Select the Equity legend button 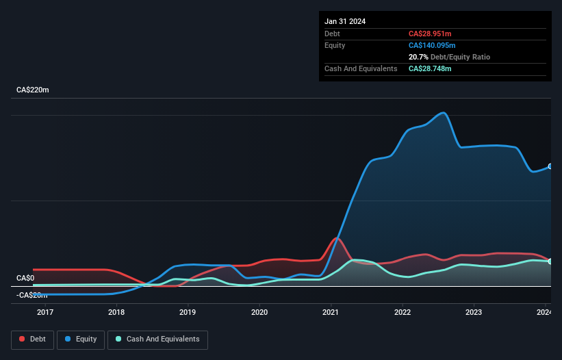[80, 339]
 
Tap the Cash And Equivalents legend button [157, 339]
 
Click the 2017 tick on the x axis [45, 313]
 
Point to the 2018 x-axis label [116, 313]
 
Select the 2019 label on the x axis [188, 313]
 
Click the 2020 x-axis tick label [259, 313]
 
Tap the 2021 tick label [331, 313]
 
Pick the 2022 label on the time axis [403, 313]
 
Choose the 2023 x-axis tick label [474, 313]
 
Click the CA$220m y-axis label [33, 90]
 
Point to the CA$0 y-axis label [25, 278]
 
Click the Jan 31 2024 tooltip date [345, 21]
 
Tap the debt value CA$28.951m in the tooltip [430, 34]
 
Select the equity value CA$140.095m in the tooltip [432, 45]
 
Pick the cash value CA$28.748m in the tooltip [430, 68]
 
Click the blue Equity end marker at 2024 [550, 166]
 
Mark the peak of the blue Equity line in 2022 [444, 113]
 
